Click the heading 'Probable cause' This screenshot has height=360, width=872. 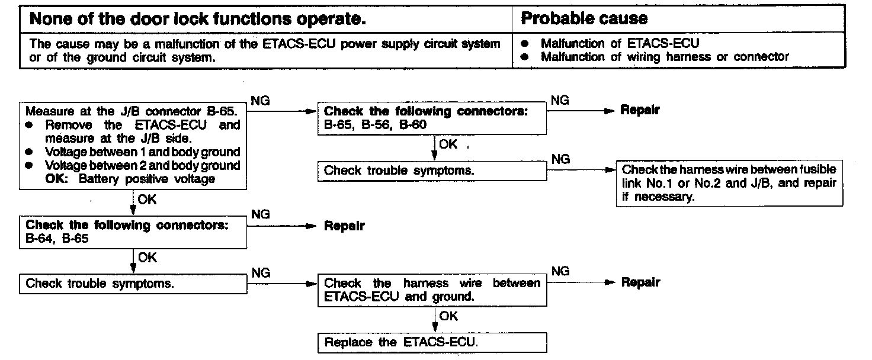click(x=584, y=19)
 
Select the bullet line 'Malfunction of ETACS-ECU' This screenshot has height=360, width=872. click(x=620, y=44)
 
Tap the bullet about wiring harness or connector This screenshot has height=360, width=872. click(x=665, y=57)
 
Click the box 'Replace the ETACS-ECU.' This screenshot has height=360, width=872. click(x=432, y=343)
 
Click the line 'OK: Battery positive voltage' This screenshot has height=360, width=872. click(x=130, y=179)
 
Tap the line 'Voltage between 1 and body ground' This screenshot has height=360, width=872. click(x=142, y=152)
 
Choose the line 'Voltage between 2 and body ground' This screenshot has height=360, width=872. click(x=142, y=165)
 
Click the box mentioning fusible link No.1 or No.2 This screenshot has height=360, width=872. click(x=729, y=184)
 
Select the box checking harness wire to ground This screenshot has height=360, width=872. click(x=432, y=290)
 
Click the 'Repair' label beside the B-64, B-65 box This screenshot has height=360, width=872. click(x=344, y=226)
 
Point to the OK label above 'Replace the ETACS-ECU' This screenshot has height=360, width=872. click(x=448, y=316)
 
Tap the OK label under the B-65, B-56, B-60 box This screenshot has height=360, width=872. click(x=448, y=144)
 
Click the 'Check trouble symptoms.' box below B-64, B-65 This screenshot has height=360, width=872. click(x=133, y=284)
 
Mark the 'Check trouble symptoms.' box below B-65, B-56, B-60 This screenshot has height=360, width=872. click(x=432, y=171)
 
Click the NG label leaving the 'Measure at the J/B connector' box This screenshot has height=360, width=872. click(x=261, y=101)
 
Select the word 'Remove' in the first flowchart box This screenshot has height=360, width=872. click(x=69, y=125)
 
